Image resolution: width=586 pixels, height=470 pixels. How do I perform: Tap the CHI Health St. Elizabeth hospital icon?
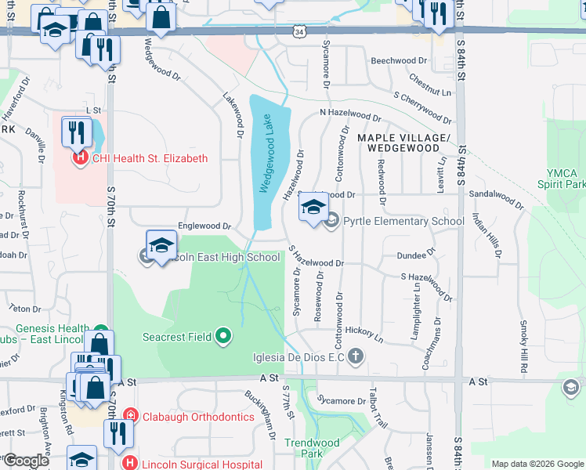80,158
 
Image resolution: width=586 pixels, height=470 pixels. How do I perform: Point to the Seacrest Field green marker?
223,337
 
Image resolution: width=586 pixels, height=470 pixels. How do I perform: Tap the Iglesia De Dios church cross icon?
356,357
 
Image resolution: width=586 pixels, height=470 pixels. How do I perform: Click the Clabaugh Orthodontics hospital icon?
130,416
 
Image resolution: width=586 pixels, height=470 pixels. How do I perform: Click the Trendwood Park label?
312,448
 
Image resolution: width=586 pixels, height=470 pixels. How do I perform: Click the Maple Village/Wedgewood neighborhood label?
398,143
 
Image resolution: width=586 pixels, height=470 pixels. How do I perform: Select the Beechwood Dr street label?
399,60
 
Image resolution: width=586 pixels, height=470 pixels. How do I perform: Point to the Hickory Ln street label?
367,336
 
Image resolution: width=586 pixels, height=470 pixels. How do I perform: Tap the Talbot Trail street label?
381,407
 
